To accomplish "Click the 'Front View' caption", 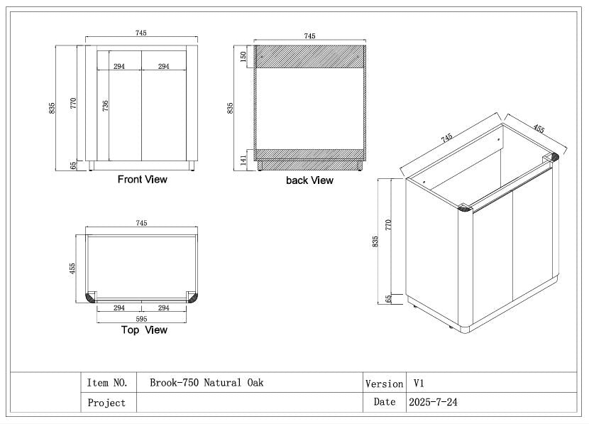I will tap(142, 180).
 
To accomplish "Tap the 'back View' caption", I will tap(309, 180).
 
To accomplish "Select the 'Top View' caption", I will tap(144, 330).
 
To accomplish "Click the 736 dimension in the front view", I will tap(105, 106).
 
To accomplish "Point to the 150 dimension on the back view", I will tap(243, 56).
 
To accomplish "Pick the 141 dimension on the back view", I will tap(243, 158).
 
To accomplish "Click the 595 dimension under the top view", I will tap(141, 320).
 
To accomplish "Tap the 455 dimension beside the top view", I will tap(72, 269).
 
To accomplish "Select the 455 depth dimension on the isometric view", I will tap(539, 129).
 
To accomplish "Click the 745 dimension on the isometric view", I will tap(446, 138).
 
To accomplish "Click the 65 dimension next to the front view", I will tap(73, 165).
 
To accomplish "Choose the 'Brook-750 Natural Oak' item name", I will tap(207, 383).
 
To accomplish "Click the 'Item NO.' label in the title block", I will tap(107, 383).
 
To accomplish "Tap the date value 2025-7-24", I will tap(433, 402).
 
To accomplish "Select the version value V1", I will tap(419, 383).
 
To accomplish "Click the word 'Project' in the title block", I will tap(106, 403).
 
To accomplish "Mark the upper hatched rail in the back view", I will tap(309, 57).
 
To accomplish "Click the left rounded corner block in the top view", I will tap(92, 296).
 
